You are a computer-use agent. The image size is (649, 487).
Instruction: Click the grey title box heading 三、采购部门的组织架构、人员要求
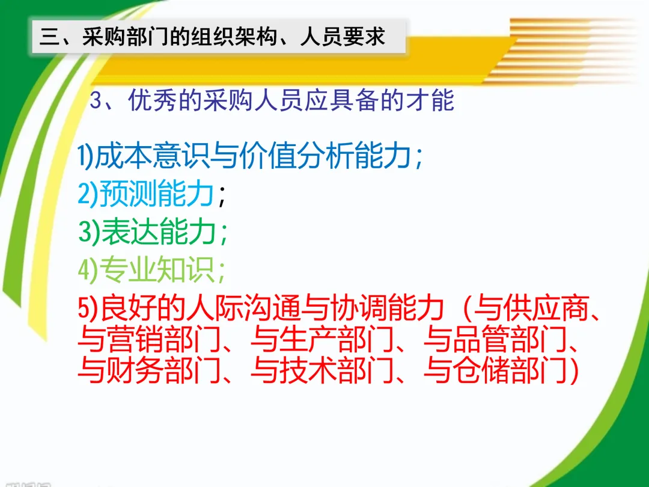[219, 36]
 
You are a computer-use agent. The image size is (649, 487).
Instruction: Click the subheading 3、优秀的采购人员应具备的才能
[272, 100]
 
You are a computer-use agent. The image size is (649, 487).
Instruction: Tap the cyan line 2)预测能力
[145, 193]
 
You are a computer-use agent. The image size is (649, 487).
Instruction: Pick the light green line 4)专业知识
[151, 269]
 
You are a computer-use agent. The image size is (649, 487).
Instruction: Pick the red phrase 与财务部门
[150, 369]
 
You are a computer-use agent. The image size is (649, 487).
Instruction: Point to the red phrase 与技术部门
[323, 369]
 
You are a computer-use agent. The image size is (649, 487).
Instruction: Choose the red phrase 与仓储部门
[495, 369]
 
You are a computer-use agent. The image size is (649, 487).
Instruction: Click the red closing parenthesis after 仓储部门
[574, 370]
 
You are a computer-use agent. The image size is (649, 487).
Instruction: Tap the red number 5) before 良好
[88, 308]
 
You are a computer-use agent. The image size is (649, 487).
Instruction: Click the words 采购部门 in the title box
[125, 36]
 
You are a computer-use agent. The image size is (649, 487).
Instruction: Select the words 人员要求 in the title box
[343, 36]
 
